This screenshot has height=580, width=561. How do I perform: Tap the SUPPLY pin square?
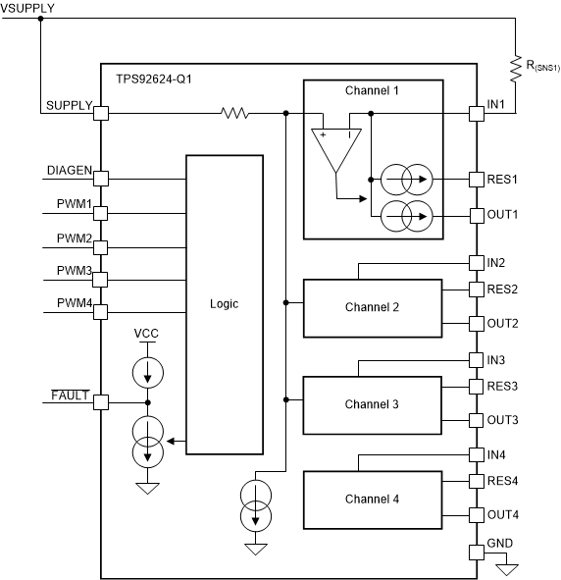100,114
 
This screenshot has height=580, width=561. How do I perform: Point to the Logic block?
224,304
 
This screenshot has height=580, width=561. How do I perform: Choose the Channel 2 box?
372,307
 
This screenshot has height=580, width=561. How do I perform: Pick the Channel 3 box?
372,403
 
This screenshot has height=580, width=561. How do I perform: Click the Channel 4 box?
372,499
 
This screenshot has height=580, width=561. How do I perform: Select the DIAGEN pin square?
100,179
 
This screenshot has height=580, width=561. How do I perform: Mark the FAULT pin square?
100,402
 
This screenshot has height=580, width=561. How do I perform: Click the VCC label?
147,334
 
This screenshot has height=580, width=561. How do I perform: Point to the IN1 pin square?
477,114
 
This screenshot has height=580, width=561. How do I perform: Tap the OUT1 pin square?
477,214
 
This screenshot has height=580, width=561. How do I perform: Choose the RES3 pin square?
477,387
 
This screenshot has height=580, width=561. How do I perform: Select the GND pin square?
477,552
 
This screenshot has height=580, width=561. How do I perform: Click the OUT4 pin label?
503,514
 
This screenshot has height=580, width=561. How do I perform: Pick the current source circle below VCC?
148,371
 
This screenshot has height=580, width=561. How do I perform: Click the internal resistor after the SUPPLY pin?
234,114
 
